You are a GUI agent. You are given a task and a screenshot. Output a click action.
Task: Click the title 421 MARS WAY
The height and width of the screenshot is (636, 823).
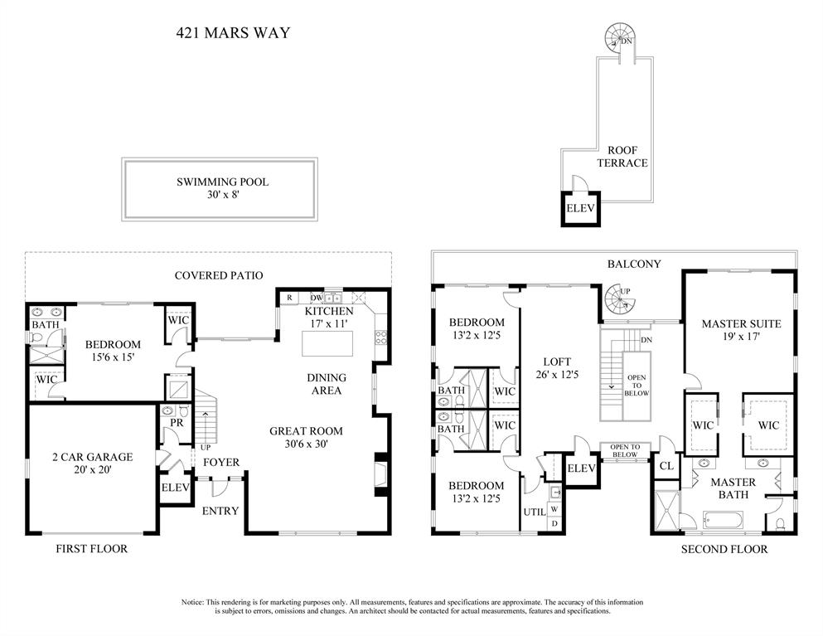pyautogui.click(x=233, y=34)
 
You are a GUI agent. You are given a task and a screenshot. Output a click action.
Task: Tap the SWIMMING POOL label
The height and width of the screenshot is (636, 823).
pyautogui.click(x=222, y=182)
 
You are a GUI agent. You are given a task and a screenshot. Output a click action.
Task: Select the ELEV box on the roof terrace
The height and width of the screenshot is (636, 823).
pyautogui.click(x=579, y=208)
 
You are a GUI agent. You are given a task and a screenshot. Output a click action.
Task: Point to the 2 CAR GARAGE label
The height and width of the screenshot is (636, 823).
pyautogui.click(x=91, y=457)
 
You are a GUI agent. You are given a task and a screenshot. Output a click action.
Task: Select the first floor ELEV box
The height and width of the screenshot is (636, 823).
pyautogui.click(x=173, y=488)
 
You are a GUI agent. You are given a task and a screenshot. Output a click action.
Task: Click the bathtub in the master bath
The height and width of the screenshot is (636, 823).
pyautogui.click(x=723, y=521)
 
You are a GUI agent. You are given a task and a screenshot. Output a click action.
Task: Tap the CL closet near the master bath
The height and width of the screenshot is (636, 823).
pyautogui.click(x=666, y=465)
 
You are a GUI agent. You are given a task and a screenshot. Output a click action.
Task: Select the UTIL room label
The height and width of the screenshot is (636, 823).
pyautogui.click(x=534, y=512)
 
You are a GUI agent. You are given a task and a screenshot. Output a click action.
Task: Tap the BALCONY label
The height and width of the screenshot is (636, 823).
pyautogui.click(x=633, y=264)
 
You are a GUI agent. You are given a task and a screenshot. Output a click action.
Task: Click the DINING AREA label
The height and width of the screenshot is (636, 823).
pyautogui.click(x=327, y=384)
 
